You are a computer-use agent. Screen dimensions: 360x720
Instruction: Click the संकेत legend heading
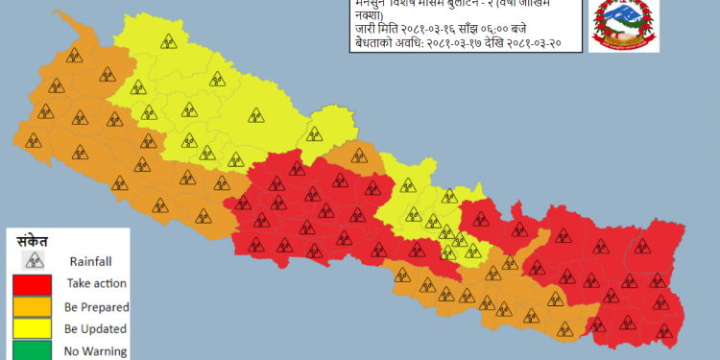coord(34,240)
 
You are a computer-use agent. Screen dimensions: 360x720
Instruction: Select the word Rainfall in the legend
coord(91,260)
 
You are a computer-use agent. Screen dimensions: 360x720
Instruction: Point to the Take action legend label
coord(96,283)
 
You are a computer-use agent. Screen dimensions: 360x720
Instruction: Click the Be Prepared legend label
coord(96,306)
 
